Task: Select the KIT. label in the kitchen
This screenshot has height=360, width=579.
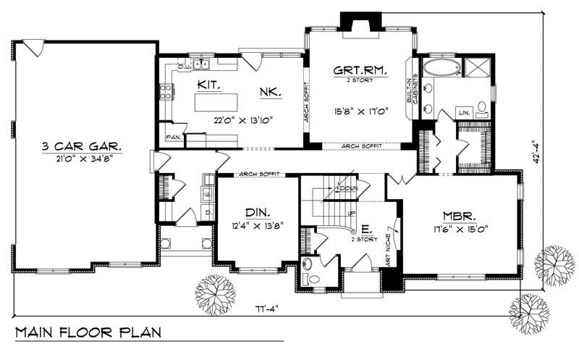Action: (x=207, y=84)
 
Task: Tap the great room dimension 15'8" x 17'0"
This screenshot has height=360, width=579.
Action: (x=361, y=112)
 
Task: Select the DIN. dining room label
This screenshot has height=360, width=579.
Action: (x=257, y=212)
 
